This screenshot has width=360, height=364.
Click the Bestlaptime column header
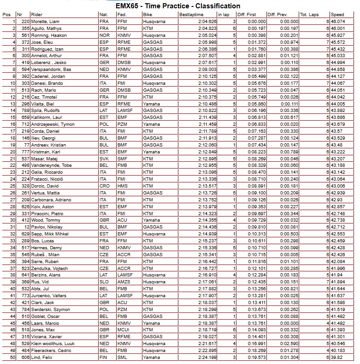click(192, 15)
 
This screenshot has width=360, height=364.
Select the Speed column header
click(338, 15)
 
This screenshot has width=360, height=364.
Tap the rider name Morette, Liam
click(45, 22)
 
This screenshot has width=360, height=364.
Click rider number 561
click(25, 35)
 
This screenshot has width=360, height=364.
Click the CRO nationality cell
click(104, 186)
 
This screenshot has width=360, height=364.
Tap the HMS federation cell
click(122, 186)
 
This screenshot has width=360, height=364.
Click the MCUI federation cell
click(123, 330)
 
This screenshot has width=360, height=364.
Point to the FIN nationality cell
click(103, 357)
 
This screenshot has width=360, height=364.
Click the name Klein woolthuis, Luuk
click(53, 343)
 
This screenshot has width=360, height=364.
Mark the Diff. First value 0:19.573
click(257, 357)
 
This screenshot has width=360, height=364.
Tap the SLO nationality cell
click(104, 282)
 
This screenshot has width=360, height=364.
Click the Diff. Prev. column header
click(279, 15)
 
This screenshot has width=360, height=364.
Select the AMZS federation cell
click(123, 282)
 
